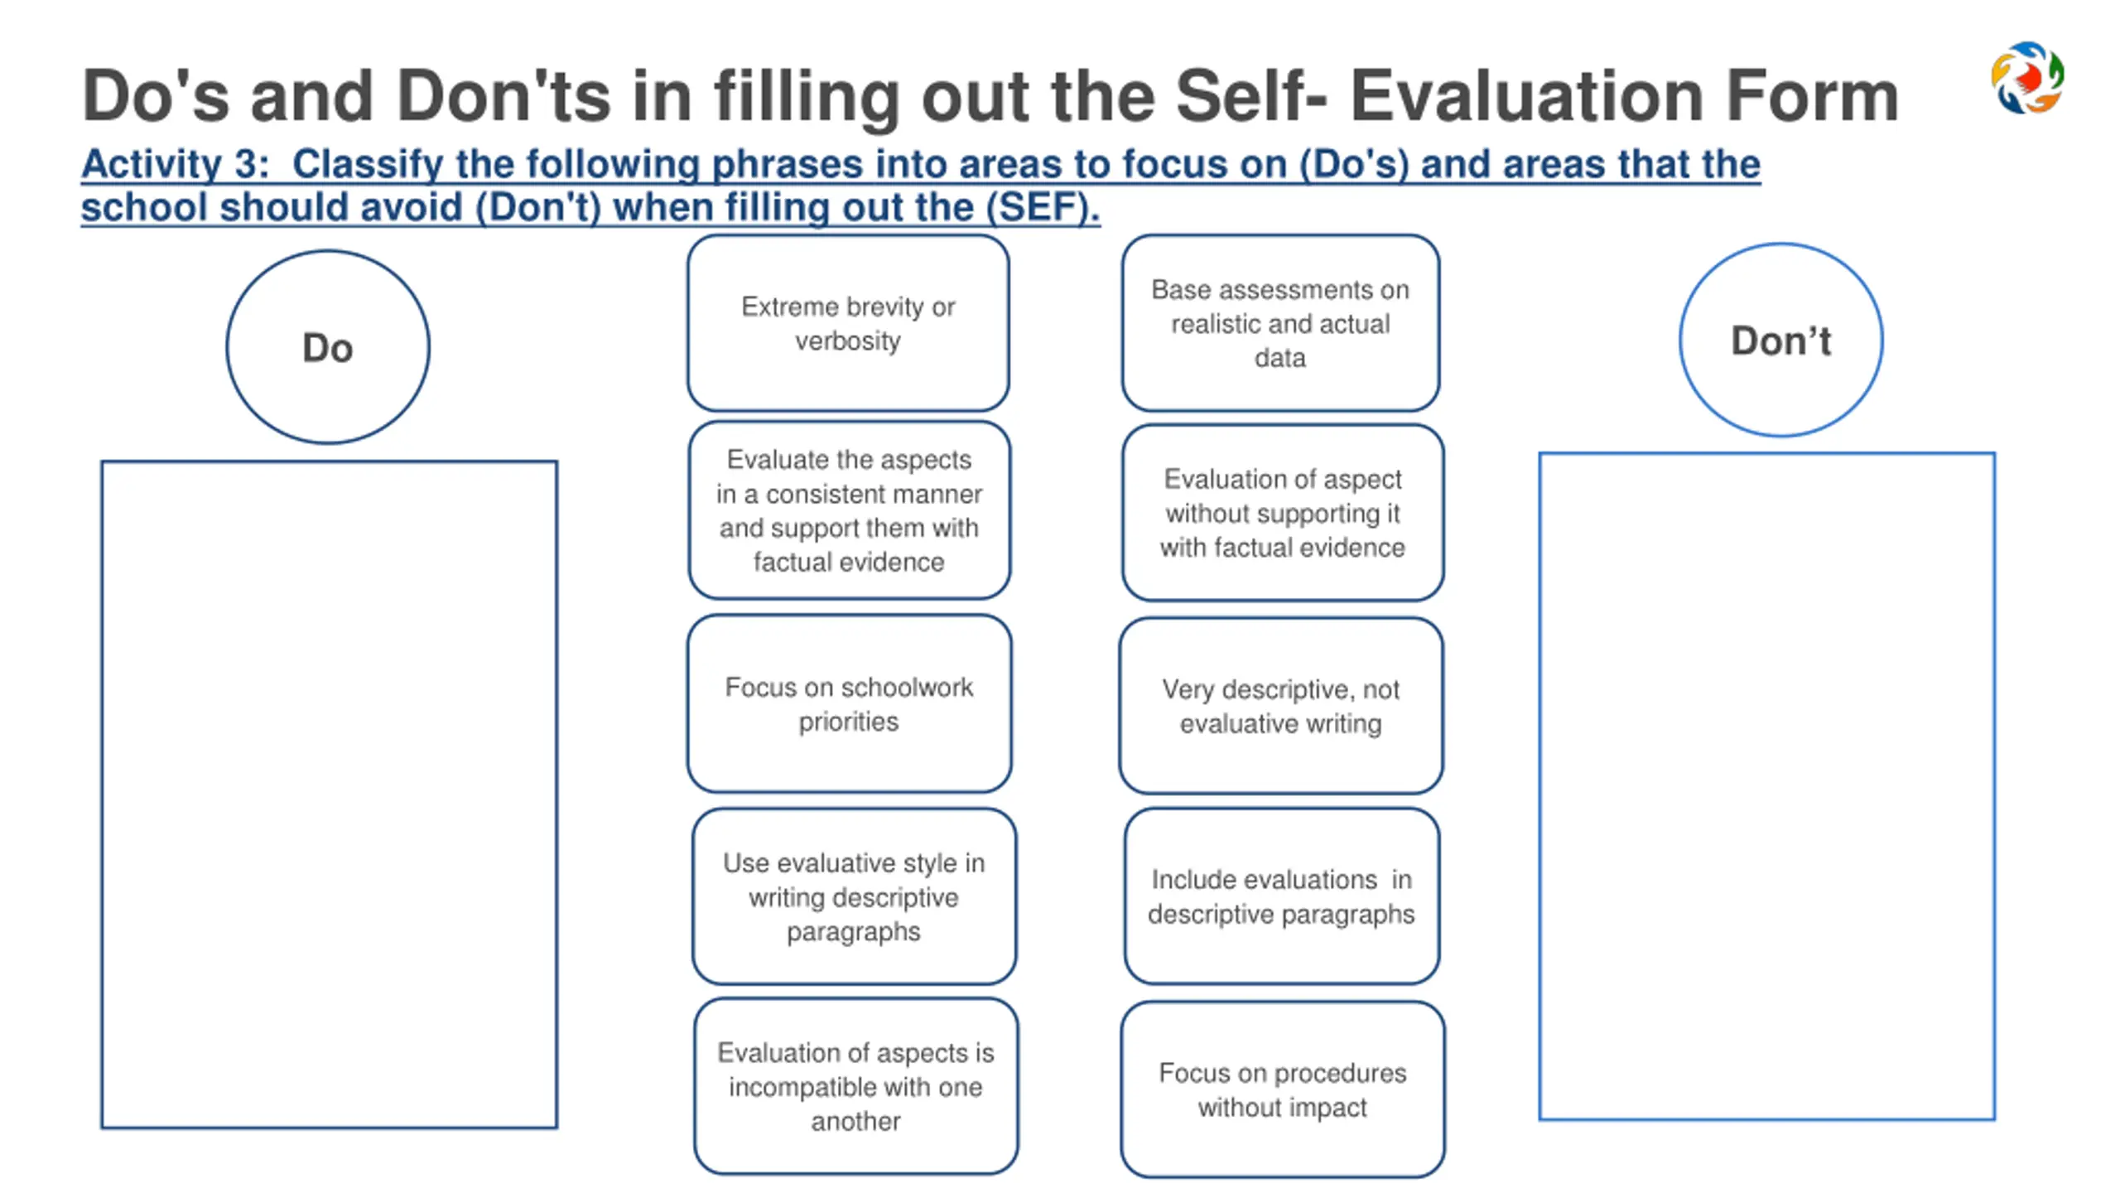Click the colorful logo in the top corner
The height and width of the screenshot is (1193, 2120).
point(2027,77)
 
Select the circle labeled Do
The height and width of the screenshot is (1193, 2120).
point(328,347)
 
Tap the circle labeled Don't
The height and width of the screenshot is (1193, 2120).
point(1780,340)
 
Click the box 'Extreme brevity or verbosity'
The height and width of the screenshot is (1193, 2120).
point(848,323)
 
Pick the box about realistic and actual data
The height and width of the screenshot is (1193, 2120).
point(1280,323)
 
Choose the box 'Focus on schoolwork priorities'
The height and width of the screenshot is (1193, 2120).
point(849,703)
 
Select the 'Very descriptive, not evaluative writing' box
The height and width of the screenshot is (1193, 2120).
point(1280,706)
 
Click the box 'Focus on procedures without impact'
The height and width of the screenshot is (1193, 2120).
point(1282,1089)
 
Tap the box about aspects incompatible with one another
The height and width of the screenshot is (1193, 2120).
point(855,1086)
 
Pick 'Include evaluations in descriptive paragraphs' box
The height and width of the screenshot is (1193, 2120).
point(1281,896)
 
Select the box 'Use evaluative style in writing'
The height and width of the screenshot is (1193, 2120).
point(854,896)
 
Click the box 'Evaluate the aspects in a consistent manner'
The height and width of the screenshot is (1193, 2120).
point(849,510)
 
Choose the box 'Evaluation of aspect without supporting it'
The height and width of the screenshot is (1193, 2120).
point(1282,513)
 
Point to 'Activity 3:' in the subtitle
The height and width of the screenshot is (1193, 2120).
point(175,164)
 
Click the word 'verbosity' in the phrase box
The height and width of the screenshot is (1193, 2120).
point(848,341)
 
